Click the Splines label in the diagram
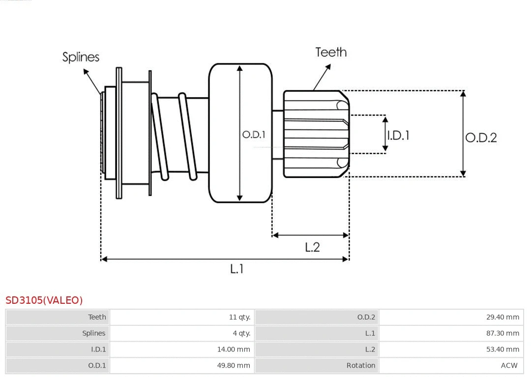(x=81, y=57)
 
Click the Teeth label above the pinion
(x=331, y=52)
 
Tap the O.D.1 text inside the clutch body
(x=254, y=134)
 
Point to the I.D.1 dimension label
(x=398, y=135)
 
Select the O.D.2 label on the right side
(x=481, y=138)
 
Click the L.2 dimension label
(x=312, y=247)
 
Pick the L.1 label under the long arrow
(x=237, y=269)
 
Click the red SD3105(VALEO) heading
(x=44, y=300)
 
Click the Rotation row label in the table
(x=360, y=366)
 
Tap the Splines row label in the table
(x=93, y=333)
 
